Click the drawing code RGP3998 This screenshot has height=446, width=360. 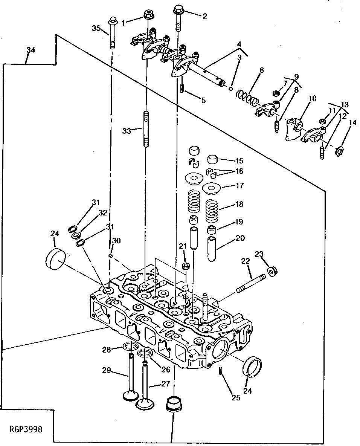tap(26, 429)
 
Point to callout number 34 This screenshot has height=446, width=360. tap(31, 50)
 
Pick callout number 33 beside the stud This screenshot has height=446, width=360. tap(127, 131)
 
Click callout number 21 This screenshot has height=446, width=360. tap(183, 246)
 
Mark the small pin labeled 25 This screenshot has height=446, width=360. tap(221, 371)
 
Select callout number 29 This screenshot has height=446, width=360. tap(106, 370)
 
